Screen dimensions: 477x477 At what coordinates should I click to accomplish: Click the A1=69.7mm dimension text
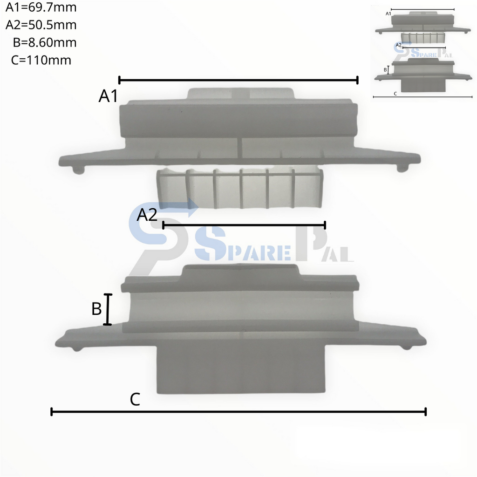coord(41,8)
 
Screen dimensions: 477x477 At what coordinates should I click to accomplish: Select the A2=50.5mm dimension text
coord(41,25)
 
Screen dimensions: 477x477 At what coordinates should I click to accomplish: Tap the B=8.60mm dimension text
coord(45,43)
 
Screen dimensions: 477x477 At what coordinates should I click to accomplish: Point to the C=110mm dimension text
coord(41,60)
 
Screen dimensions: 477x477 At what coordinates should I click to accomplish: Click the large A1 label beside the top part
coord(108,96)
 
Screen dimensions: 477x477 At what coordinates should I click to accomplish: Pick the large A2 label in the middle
coord(147,215)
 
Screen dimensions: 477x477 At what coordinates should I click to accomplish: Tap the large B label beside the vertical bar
coord(96,309)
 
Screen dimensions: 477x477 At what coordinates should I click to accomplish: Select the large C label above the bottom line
coord(135,400)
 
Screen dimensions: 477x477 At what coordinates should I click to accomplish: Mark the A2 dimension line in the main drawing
coord(244,225)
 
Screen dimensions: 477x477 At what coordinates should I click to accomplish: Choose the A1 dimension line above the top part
coord(238,80)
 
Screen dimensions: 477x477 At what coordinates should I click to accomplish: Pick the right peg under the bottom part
coord(407,347)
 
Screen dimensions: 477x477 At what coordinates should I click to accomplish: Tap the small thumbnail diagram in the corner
coord(423,52)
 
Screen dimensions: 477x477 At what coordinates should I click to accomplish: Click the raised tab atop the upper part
coord(241,94)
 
